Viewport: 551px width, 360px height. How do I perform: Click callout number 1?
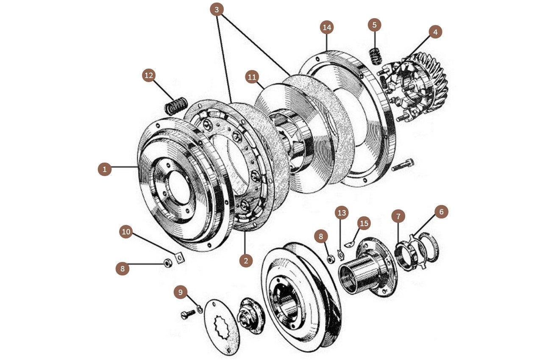104,170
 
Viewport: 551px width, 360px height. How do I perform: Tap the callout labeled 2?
245,260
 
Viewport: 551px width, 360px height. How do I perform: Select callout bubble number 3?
217,9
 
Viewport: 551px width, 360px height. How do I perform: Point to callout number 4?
435,32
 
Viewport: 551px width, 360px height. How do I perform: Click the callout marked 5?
374,25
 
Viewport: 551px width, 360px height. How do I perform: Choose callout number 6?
441,212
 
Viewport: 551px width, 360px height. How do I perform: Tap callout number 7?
398,216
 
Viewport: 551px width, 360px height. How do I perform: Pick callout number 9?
181,292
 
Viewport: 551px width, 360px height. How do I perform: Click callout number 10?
126,232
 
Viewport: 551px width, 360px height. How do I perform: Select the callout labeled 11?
252,77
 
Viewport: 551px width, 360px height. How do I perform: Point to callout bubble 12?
149,75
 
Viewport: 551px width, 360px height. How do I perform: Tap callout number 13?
342,213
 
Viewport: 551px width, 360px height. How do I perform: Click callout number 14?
327,28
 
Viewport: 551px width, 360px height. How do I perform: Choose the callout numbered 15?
364,223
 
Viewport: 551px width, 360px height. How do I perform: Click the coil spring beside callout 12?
176,106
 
